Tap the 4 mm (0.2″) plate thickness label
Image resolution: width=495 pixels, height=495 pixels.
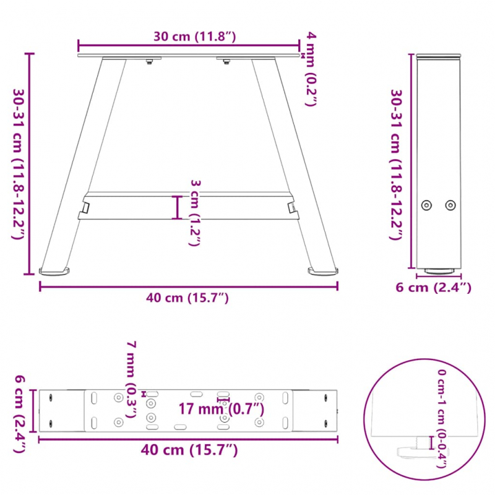tap(311, 69)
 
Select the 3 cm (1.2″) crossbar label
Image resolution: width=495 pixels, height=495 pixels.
tap(194, 213)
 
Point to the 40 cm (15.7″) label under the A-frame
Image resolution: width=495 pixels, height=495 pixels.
tap(187, 298)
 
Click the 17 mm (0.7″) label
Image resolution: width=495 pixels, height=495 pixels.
tap(222, 409)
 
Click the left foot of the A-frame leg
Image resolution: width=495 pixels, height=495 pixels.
tap(55, 270)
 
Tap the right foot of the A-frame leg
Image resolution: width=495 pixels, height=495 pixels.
tap(323, 270)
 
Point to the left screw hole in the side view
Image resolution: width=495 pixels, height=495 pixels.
tap(426, 205)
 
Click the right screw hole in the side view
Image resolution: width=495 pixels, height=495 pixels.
tap(450, 205)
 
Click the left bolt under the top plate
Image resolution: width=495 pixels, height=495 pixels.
tap(149, 61)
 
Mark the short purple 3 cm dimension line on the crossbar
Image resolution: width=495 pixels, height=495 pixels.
tap(178, 207)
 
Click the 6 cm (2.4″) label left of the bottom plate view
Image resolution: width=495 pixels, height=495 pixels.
tap(19, 414)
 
